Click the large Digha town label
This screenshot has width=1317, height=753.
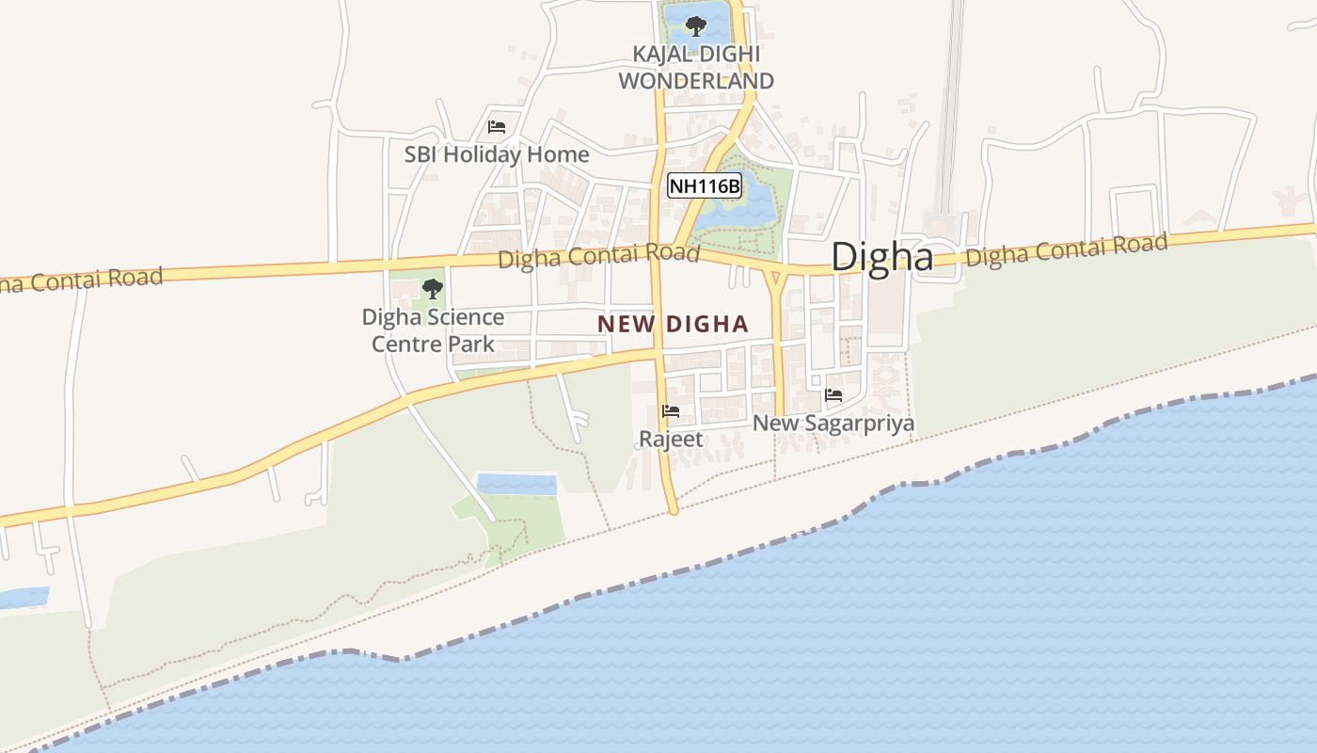[881, 257]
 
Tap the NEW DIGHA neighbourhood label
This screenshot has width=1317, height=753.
[673, 325]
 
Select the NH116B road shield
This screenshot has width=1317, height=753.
[705, 185]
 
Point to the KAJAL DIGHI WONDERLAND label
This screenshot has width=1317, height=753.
[696, 68]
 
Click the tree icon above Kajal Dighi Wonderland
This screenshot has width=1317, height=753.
[696, 25]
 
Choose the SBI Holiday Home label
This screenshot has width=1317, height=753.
[497, 154]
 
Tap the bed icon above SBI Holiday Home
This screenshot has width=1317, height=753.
[497, 127]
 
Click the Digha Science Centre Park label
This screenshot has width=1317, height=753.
[433, 330]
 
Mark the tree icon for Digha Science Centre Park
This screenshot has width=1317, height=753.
[433, 288]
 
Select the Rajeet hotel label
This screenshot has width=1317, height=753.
[671, 439]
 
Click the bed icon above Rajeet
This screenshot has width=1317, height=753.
[671, 411]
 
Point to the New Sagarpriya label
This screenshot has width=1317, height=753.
[833, 424]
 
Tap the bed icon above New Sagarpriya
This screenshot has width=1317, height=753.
[833, 395]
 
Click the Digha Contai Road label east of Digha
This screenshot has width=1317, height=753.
[1067, 248]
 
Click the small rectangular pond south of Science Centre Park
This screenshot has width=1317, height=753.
[516, 485]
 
